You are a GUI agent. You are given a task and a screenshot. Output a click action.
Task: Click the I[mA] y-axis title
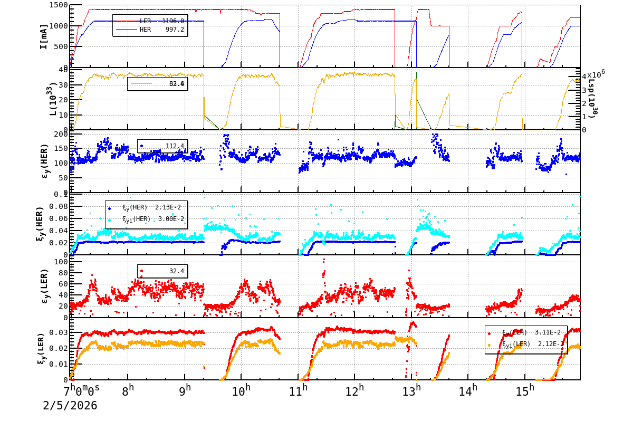[44, 36]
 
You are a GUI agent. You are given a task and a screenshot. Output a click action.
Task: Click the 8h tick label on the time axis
[128, 391]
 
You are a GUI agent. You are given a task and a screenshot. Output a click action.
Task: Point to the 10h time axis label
[242, 391]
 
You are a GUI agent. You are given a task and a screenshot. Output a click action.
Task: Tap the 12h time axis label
[355, 391]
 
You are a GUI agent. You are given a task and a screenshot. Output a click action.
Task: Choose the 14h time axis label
[468, 391]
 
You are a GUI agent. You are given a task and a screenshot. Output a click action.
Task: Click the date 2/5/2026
[70, 406]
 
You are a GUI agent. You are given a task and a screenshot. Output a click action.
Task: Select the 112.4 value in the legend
[175, 146]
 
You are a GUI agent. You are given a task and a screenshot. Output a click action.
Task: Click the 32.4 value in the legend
[176, 271]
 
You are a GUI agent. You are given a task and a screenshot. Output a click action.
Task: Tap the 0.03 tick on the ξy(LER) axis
[58, 332]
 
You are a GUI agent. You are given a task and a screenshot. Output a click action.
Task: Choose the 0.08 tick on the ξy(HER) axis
[58, 206]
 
